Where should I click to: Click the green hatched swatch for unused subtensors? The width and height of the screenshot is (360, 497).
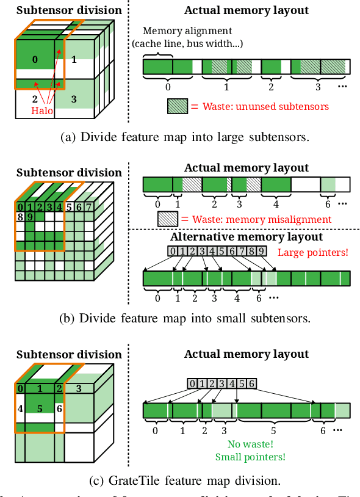[178, 106]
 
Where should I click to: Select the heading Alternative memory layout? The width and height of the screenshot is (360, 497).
[247, 236]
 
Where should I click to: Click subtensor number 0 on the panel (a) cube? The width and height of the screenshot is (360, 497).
[34, 59]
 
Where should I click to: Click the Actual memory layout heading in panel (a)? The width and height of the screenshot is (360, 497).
[247, 11]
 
